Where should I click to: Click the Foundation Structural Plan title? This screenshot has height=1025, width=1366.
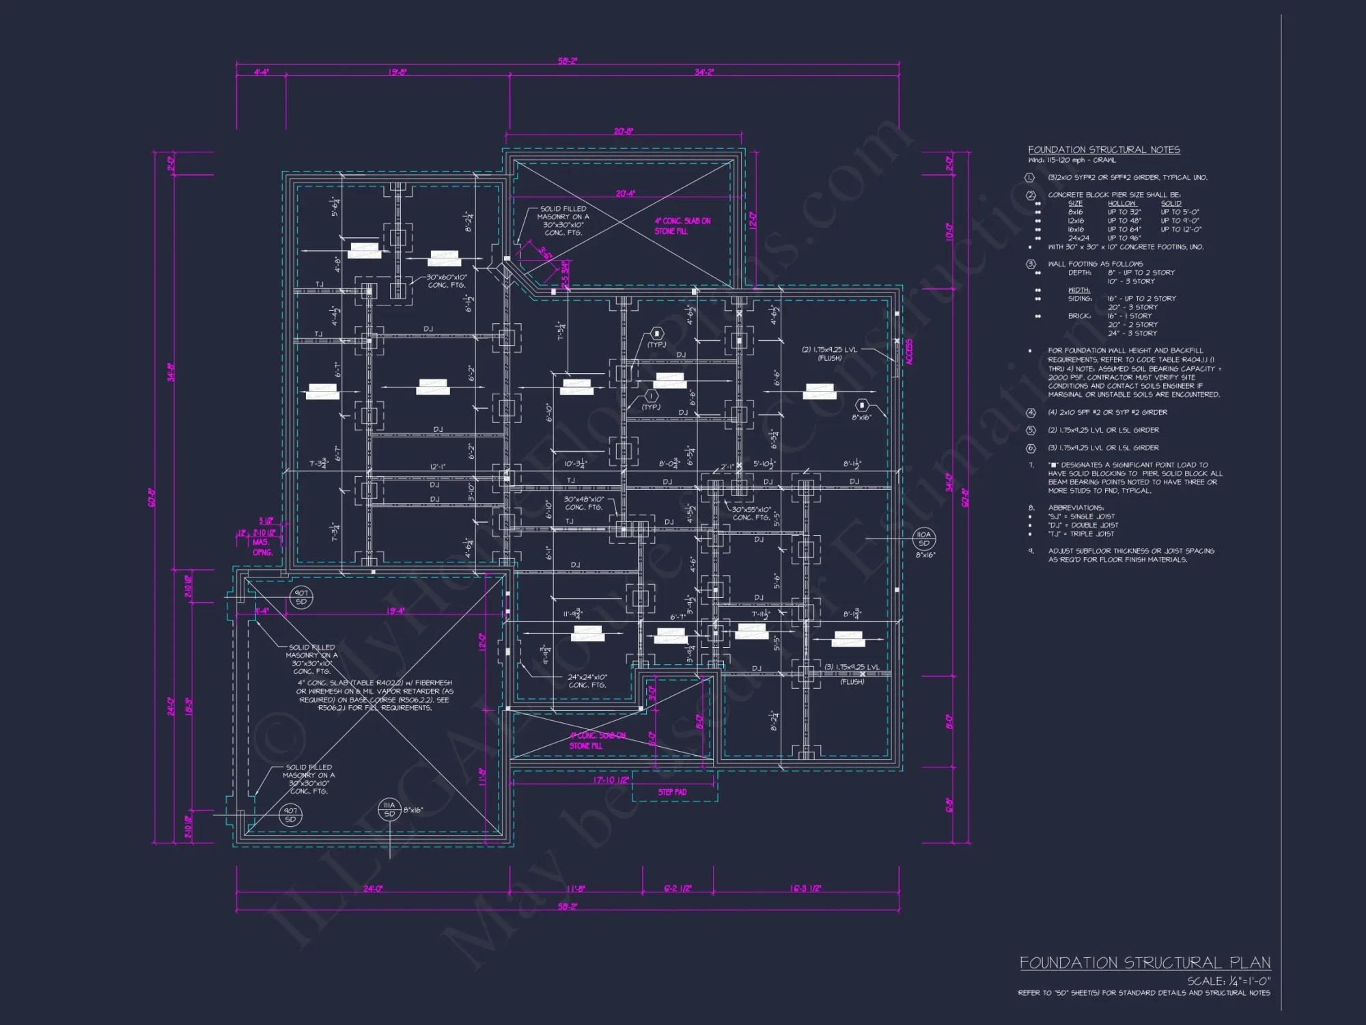click(1145, 963)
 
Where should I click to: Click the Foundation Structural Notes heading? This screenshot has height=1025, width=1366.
click(1104, 150)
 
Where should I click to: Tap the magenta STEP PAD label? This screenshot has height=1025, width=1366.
click(672, 792)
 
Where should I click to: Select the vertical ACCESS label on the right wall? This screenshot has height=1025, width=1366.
click(908, 352)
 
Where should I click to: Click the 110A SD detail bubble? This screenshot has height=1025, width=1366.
click(923, 539)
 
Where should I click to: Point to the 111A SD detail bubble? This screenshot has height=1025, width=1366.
click(389, 809)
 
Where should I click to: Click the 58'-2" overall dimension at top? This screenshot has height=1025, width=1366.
click(567, 61)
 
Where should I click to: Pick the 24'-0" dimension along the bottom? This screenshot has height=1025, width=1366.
click(373, 888)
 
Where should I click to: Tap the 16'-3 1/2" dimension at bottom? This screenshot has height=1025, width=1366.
click(805, 888)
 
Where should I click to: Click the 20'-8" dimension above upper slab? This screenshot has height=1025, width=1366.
click(623, 131)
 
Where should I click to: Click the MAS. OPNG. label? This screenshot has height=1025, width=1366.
click(262, 547)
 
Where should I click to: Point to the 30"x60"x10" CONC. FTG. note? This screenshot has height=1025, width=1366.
click(447, 281)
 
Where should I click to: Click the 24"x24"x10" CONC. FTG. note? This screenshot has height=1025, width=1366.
click(587, 681)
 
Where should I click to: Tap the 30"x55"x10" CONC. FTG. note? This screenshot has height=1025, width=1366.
click(751, 513)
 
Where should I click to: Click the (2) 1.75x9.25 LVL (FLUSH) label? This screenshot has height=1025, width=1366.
click(829, 353)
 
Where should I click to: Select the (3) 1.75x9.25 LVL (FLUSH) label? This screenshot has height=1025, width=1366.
click(852, 670)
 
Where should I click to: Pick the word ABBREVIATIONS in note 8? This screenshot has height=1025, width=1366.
click(1076, 508)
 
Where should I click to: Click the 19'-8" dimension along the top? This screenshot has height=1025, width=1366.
click(398, 72)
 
